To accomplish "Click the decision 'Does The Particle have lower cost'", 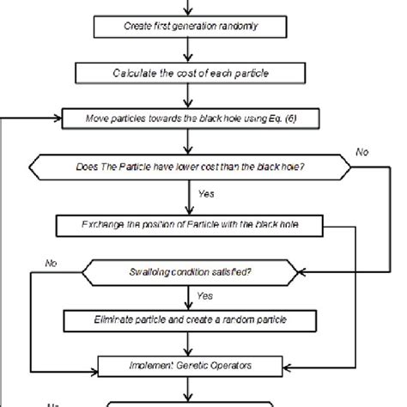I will pyautogui.click(x=188, y=165).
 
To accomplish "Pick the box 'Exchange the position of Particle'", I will pyautogui.click(x=189, y=227).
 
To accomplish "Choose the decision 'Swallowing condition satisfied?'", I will pyautogui.click(x=190, y=274).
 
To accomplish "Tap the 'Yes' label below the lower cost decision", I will pyautogui.click(x=205, y=194).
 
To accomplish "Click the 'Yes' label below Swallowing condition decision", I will pyautogui.click(x=205, y=295).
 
